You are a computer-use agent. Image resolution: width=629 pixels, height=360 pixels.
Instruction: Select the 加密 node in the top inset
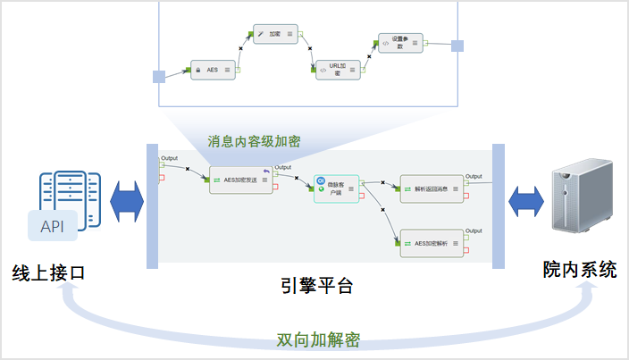[275, 34]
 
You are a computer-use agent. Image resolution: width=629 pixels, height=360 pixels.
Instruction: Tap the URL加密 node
[337, 69]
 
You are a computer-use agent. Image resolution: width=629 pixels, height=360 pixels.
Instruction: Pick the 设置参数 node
[398, 44]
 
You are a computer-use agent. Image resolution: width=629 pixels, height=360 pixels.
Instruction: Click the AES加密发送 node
[240, 180]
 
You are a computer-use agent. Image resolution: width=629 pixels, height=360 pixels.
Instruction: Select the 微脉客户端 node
[336, 188]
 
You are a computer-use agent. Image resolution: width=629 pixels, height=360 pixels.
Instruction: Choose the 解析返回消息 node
[432, 188]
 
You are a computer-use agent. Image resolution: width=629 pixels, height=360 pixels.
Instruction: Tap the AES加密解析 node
[432, 242]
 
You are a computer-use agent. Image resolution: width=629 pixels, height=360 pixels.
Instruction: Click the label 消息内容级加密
[255, 141]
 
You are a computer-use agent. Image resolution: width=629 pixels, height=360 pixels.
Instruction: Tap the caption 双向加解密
[318, 340]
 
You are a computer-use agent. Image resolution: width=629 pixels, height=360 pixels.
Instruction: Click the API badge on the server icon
[58, 225]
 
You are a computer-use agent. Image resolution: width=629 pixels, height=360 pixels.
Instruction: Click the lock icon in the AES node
[197, 69]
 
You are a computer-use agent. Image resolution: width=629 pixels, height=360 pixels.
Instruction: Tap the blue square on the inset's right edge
[457, 46]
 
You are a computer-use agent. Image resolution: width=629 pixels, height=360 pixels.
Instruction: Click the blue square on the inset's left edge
[159, 77]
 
